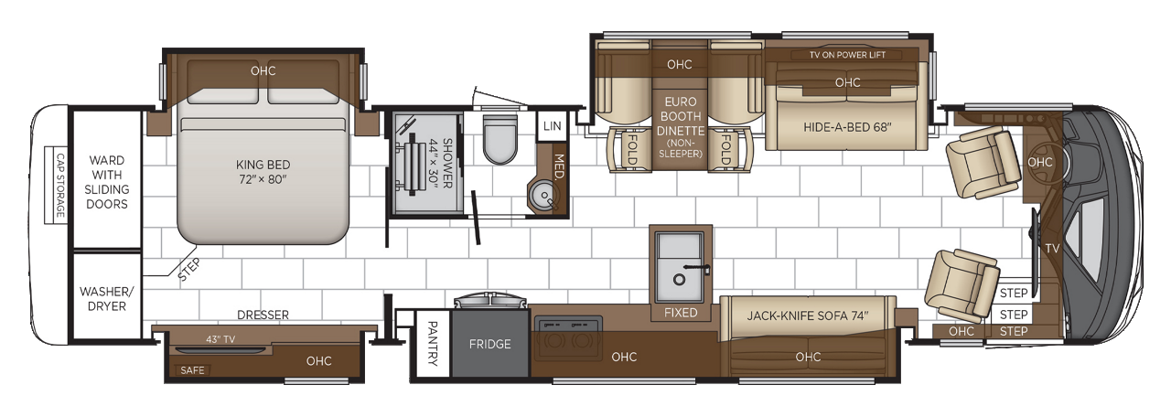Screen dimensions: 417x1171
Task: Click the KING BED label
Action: pyautogui.click(x=262, y=171)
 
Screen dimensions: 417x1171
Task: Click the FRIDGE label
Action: pyautogui.click(x=489, y=345)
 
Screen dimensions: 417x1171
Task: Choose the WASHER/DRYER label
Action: pyautogui.click(x=106, y=298)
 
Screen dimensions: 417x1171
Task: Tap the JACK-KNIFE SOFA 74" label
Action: pyautogui.click(x=808, y=316)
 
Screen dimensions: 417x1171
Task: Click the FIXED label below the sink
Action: pyautogui.click(x=681, y=313)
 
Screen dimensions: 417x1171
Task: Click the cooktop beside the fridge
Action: pyautogui.click(x=569, y=334)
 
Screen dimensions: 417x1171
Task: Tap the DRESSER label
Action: pyautogui.click(x=263, y=315)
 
